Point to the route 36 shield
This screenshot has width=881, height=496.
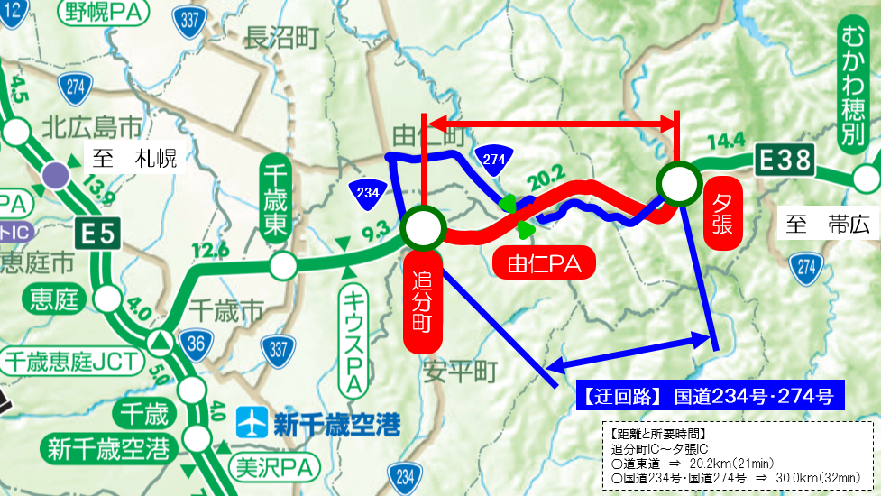[x=195, y=342]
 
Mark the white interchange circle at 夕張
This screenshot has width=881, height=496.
[x=678, y=183]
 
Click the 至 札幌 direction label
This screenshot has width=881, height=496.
[x=135, y=161]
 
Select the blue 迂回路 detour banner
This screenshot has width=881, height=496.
[x=710, y=394]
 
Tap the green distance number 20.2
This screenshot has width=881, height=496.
[x=551, y=174]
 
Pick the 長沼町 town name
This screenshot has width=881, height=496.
[x=282, y=37]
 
